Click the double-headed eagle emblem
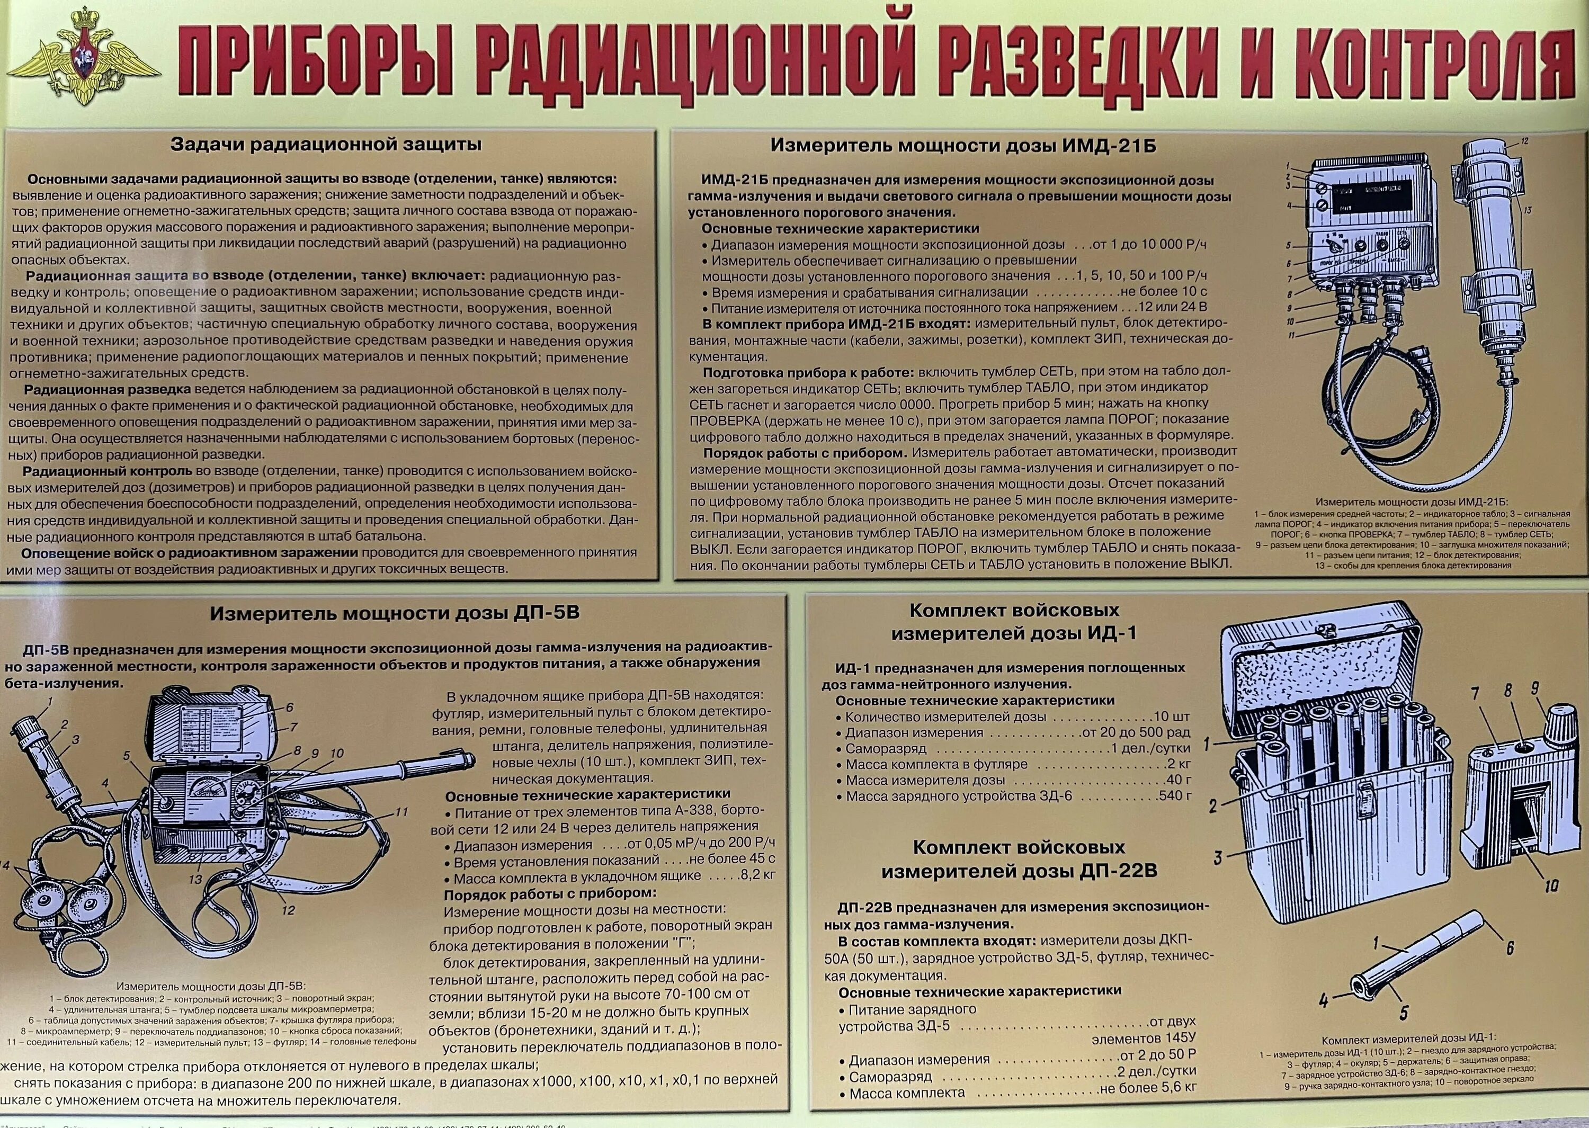[87, 61]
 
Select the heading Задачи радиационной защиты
[326, 145]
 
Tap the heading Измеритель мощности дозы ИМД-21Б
[962, 145]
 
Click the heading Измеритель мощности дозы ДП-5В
[395, 613]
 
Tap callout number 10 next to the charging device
[1551, 885]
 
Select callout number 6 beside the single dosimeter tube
[1508, 947]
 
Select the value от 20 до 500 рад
[1135, 733]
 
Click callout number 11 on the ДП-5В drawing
[401, 811]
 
